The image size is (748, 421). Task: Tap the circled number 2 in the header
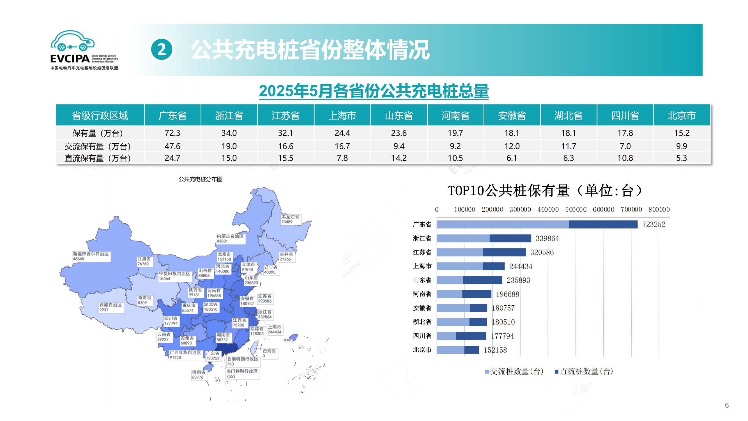pos(162,49)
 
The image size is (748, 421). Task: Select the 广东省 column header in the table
pos(172,115)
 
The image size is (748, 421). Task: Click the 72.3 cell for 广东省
pos(172,133)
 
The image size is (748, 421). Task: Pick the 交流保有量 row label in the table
pos(98,146)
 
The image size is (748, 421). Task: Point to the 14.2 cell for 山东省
pos(399,158)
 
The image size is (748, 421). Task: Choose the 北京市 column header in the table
pos(681,115)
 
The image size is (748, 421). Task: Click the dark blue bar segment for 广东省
pos(603,224)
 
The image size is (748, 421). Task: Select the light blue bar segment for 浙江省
pos(463,238)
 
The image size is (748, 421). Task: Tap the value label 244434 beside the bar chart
pos(521,266)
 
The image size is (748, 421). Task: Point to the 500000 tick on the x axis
pos(576,209)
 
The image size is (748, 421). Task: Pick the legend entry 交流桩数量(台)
pos(514,371)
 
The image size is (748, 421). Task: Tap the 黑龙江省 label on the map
pos(290,217)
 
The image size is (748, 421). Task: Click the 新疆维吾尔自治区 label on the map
pos(91,254)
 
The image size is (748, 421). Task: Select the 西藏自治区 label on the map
pos(110,305)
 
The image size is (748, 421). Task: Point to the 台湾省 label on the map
pos(269,351)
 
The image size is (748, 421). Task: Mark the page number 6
pos(726,405)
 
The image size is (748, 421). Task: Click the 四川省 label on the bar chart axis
pos(422,336)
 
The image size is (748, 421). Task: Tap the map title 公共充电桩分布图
pos(200,179)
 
